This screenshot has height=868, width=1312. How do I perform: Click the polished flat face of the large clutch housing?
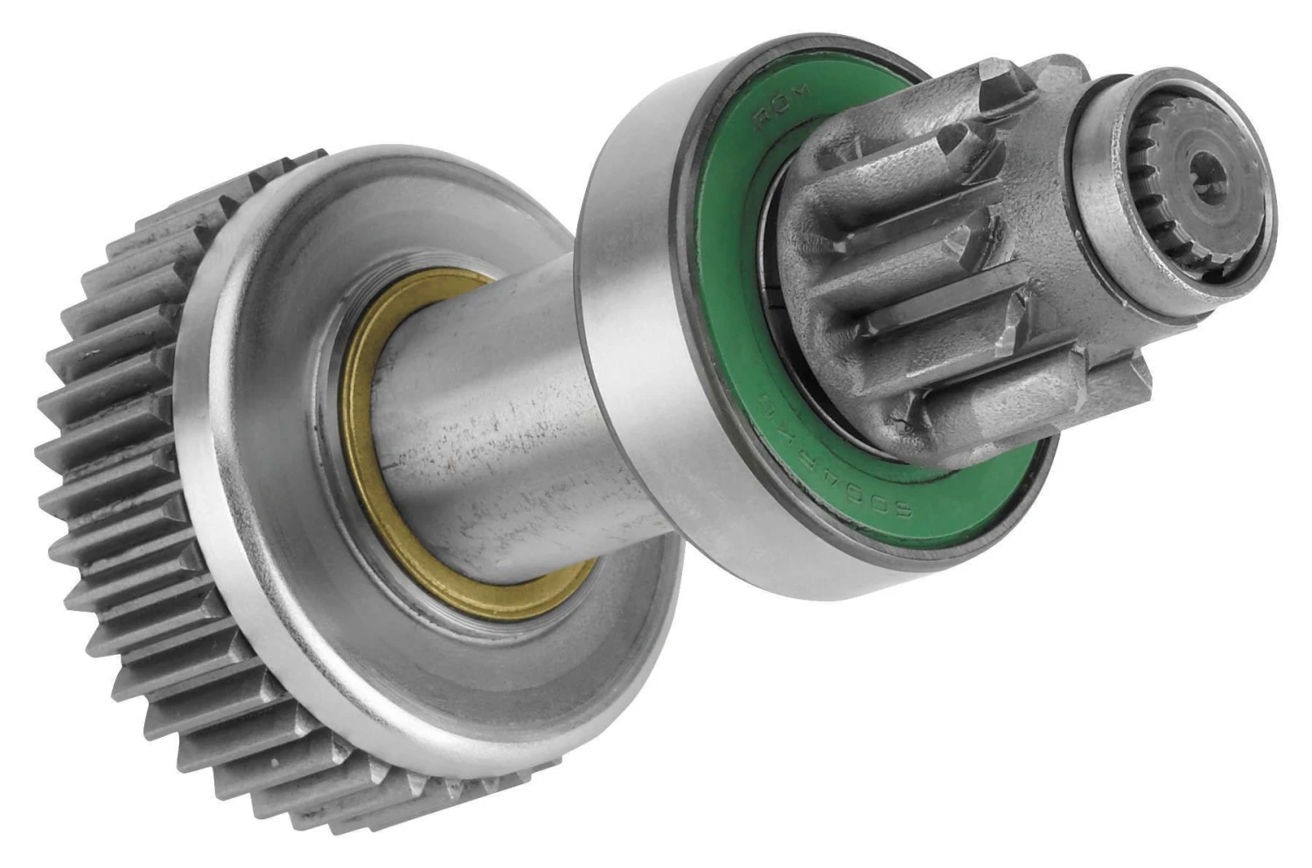click(289, 490)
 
